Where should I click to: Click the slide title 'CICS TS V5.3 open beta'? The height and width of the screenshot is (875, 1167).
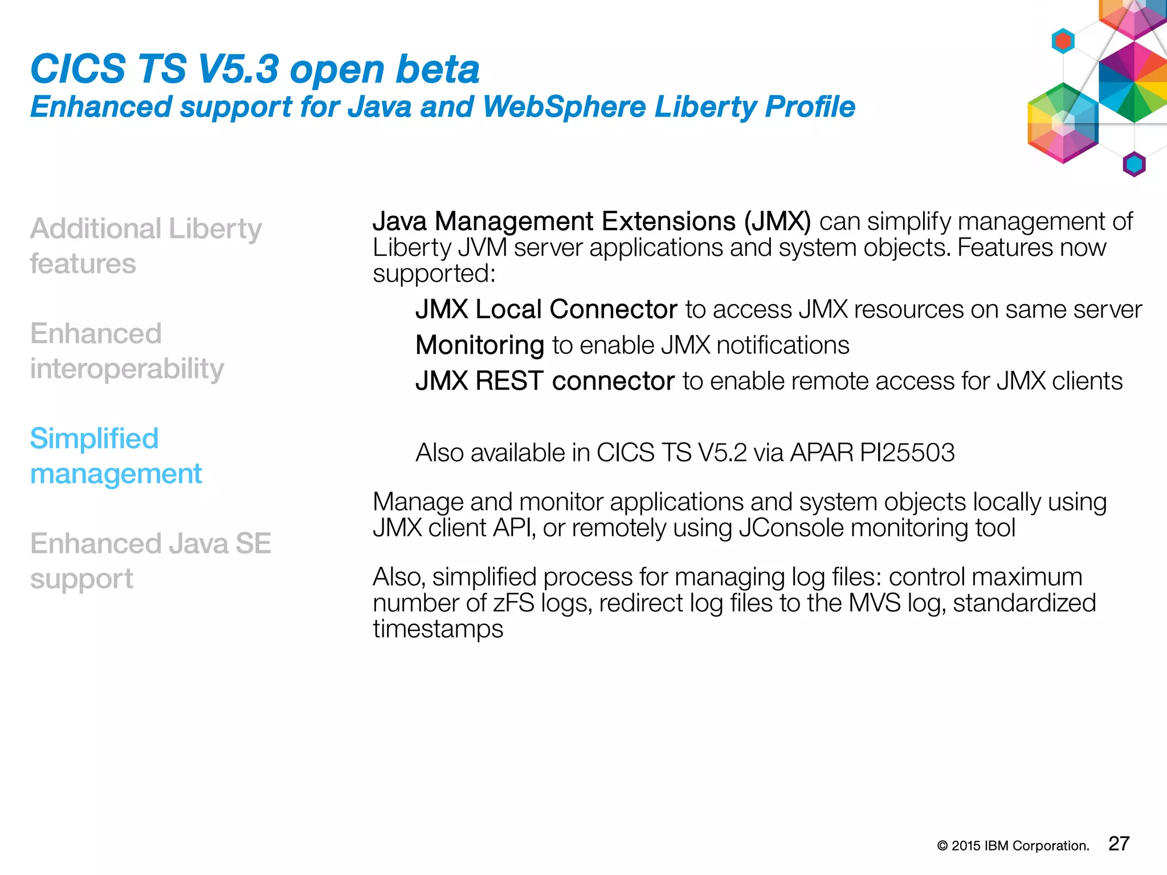click(255, 69)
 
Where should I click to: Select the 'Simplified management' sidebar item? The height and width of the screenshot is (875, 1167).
click(116, 456)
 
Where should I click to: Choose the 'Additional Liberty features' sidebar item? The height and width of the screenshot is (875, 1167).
click(145, 246)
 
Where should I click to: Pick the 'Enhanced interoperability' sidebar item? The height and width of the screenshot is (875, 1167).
click(127, 350)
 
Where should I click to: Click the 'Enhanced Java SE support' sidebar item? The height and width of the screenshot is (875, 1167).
click(150, 561)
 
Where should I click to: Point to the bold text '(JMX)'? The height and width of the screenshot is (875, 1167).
click(777, 222)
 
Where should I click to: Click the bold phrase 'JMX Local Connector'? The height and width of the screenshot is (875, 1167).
click(546, 309)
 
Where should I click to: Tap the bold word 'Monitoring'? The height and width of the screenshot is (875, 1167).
click(480, 345)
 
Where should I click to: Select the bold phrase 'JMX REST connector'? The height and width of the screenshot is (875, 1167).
click(545, 381)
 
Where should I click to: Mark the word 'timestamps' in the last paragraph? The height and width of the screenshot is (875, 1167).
click(438, 629)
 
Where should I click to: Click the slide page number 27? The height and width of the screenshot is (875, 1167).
click(1119, 844)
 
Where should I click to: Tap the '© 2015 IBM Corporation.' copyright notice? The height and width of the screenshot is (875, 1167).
click(1013, 846)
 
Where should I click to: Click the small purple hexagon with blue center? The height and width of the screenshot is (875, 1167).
click(1134, 165)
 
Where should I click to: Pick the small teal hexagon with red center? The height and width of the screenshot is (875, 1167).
click(1063, 41)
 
